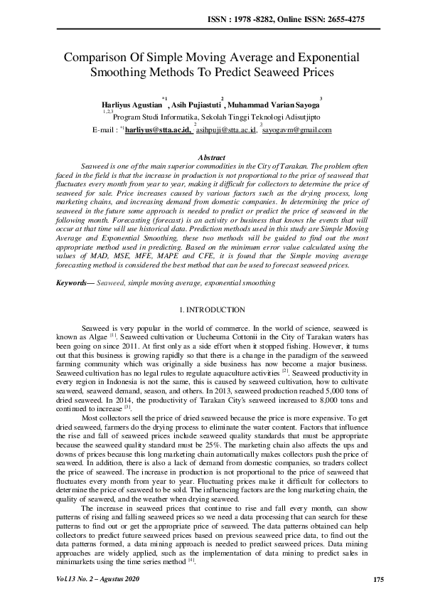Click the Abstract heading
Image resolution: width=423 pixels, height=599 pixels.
coord(211,157)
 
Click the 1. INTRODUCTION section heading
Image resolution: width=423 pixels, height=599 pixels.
coord(211,309)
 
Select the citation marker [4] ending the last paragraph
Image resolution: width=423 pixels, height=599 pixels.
coord(191,560)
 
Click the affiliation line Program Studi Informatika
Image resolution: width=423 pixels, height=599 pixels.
coord(217,118)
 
